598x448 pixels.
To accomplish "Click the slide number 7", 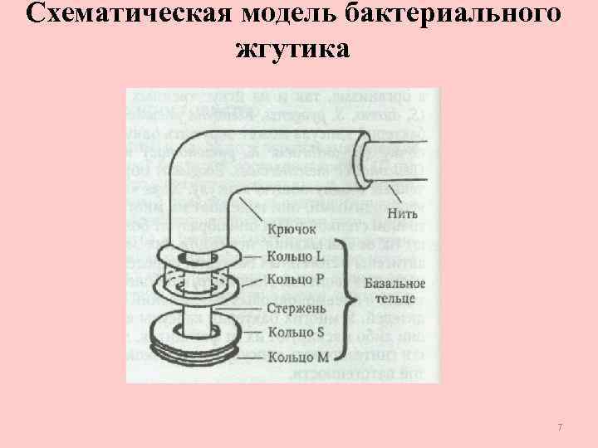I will [560, 427].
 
